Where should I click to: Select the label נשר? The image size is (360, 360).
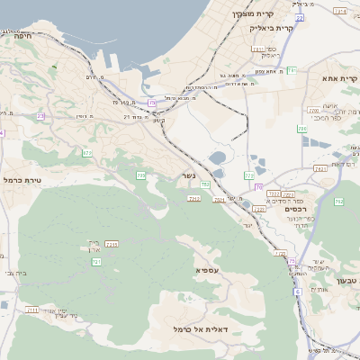coord(188,175)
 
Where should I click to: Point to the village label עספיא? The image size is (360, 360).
coord(206,269)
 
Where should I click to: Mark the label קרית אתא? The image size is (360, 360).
coord(339,78)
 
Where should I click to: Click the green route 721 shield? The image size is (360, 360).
coord(96,261)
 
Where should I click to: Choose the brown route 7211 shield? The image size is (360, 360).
coord(112,244)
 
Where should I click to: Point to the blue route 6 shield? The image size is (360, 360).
coord(298,292)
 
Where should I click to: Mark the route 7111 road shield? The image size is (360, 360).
coord(32,310)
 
